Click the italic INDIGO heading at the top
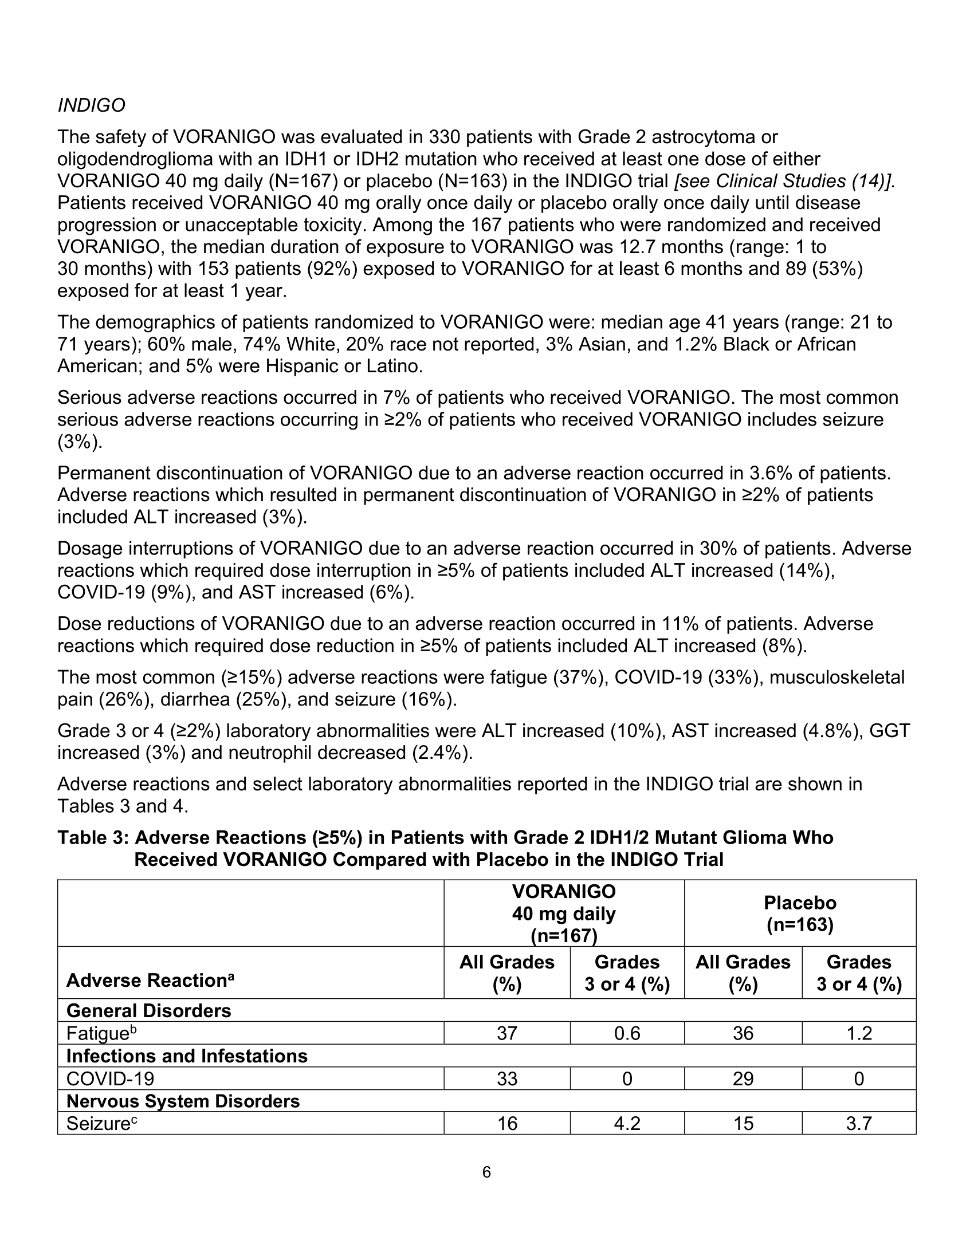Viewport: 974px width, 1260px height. click(x=91, y=105)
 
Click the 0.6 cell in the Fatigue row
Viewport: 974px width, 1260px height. click(x=627, y=1033)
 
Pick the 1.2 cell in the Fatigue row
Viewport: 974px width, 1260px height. click(x=859, y=1033)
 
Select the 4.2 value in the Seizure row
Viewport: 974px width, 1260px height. click(x=627, y=1123)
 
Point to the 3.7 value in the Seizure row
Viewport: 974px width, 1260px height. click(x=859, y=1123)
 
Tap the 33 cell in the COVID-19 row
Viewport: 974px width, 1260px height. click(x=506, y=1078)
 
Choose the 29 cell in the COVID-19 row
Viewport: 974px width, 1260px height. click(x=743, y=1078)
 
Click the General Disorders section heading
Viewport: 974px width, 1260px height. click(x=149, y=1011)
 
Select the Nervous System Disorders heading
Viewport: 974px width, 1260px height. click(x=183, y=1101)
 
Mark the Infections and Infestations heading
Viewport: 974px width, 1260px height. click(x=187, y=1056)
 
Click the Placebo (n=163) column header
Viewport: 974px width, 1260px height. click(x=800, y=914)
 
